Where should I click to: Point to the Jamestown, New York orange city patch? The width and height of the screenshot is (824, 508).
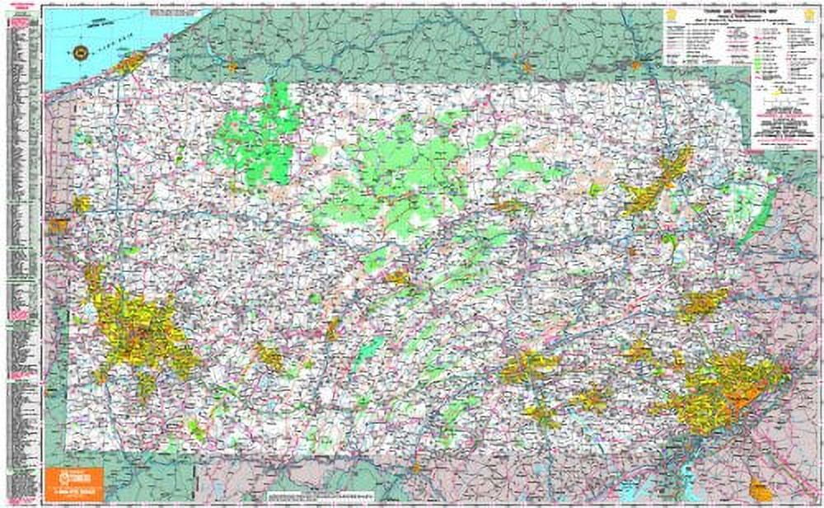pos(232,66)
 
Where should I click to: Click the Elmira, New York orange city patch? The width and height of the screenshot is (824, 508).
pos(527,65)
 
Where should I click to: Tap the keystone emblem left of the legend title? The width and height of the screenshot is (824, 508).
pos(671,14)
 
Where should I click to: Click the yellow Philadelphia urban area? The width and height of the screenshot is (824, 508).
pos(725,388)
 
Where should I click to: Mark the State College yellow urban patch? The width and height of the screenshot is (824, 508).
pos(399,278)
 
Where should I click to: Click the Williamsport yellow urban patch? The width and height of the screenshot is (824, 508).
pos(508,205)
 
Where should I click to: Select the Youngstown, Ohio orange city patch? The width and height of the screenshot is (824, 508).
pos(58,225)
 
